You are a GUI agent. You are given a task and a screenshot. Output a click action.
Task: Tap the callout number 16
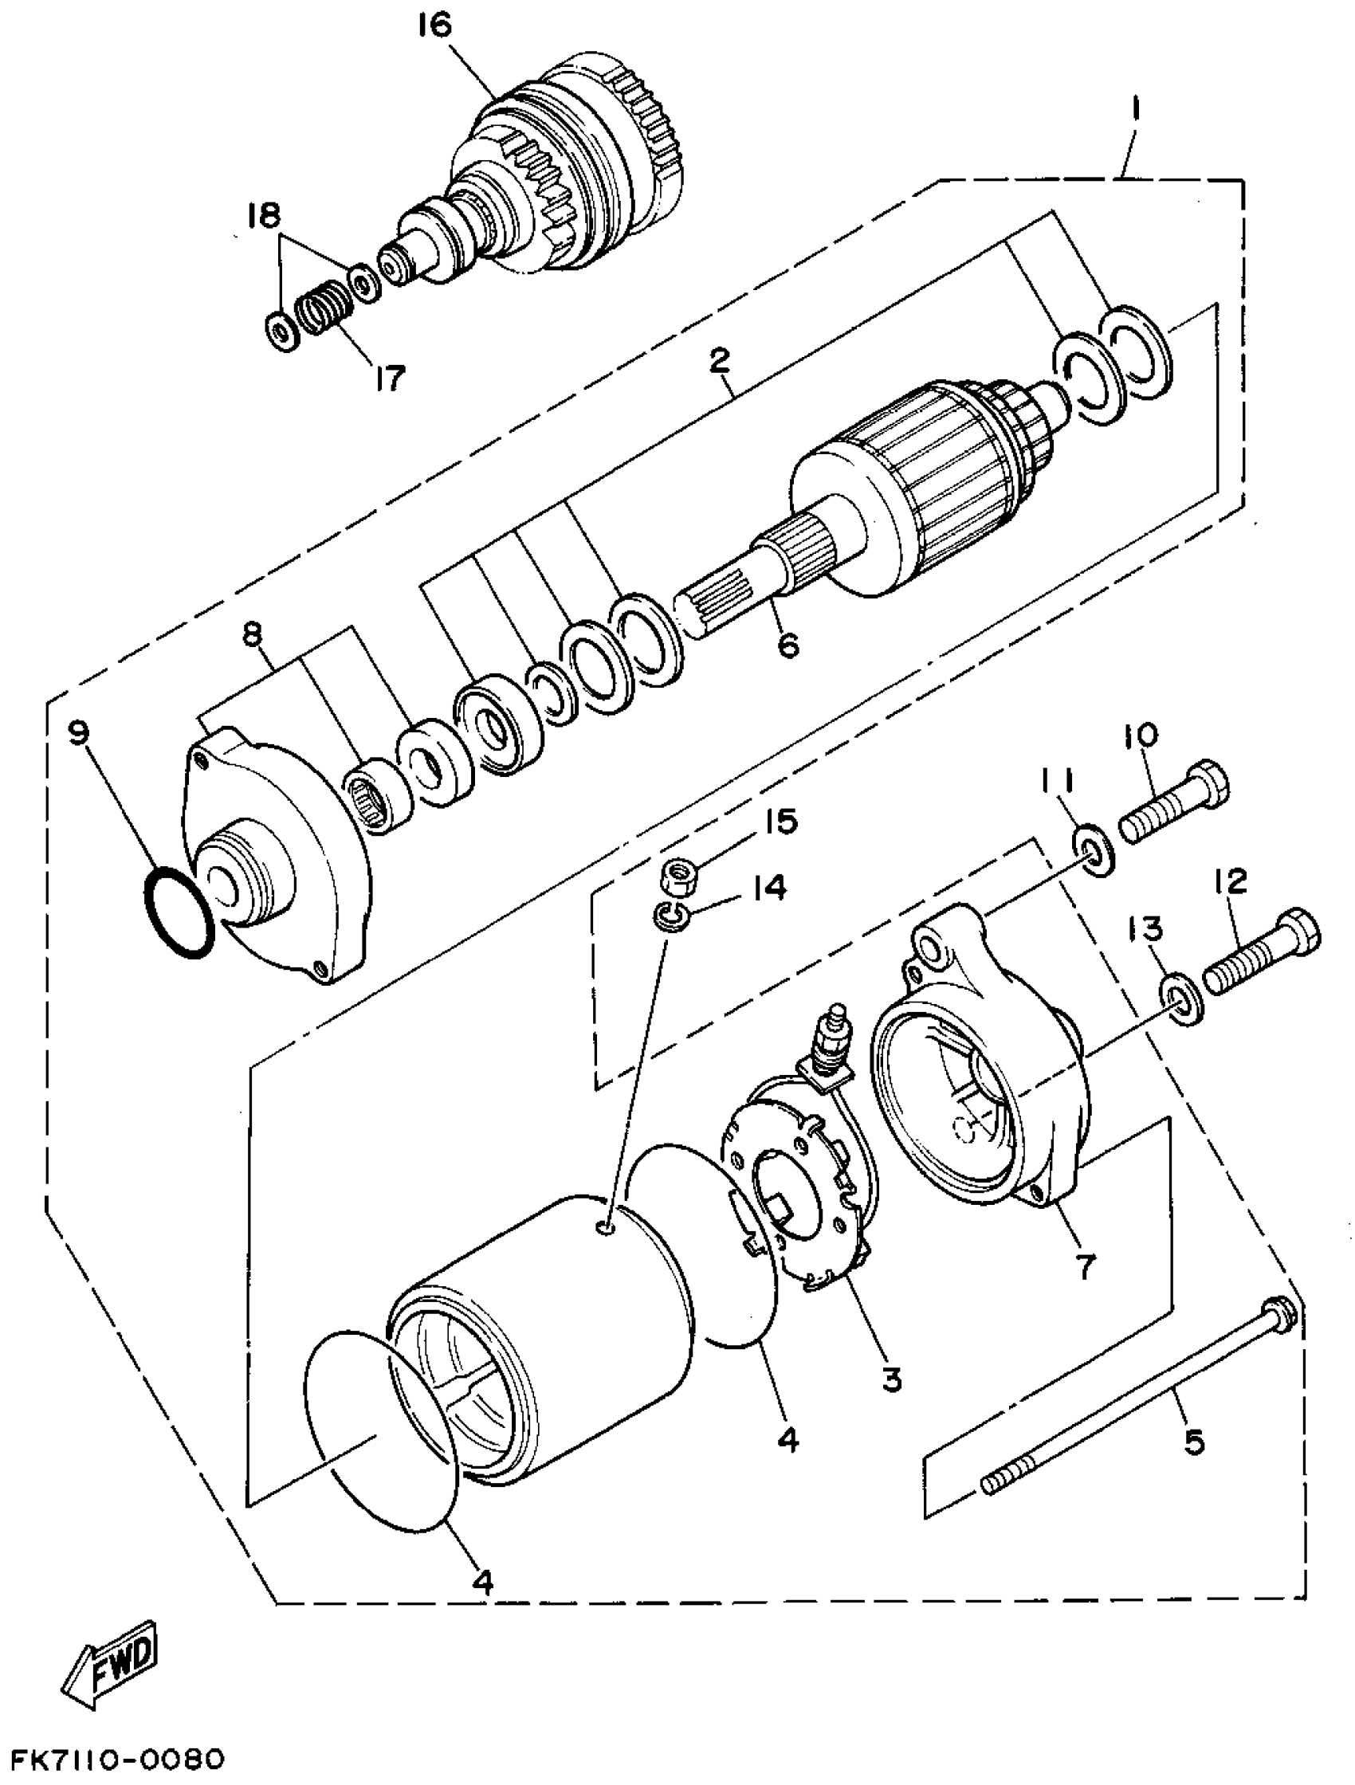[x=435, y=26]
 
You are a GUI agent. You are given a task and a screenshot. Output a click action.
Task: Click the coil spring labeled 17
[x=318, y=310]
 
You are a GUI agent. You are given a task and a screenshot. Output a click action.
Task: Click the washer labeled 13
[x=1182, y=1000]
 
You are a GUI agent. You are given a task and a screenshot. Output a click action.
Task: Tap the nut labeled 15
[x=680, y=876]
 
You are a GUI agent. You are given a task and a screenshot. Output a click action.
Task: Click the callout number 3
[x=891, y=1379]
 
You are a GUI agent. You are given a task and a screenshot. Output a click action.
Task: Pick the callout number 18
[x=264, y=215]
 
